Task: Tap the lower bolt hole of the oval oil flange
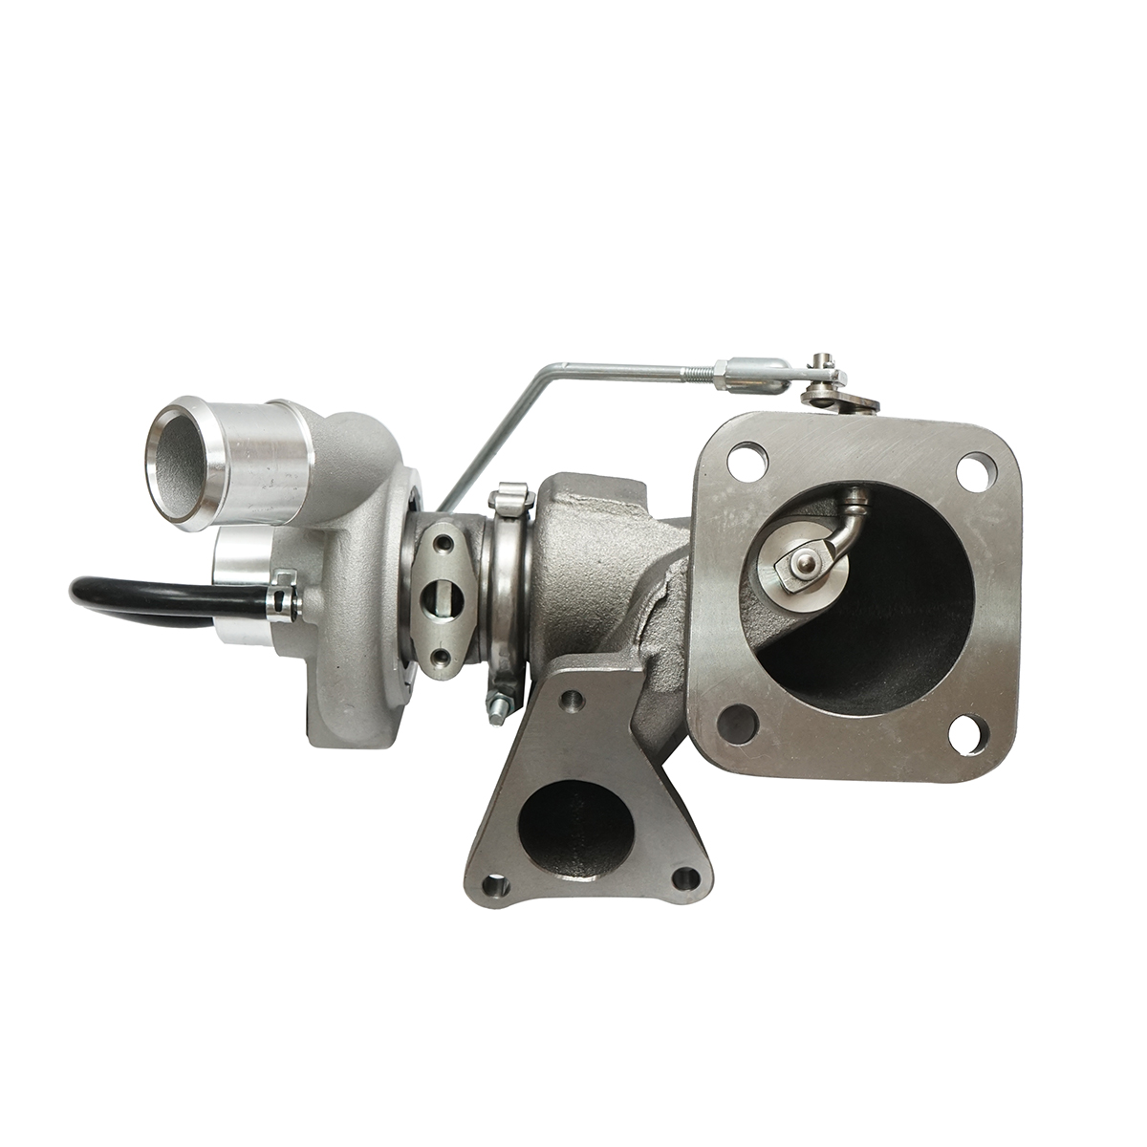pyautogui.click(x=443, y=657)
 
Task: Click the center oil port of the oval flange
pyautogui.click(x=444, y=601)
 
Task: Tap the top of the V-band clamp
pyautogui.click(x=509, y=497)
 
